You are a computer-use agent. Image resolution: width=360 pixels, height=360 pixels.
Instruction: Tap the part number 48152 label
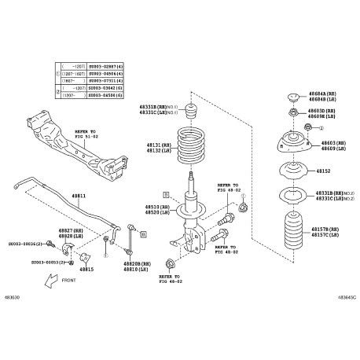323,170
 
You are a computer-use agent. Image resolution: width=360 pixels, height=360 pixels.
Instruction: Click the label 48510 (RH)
159,208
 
